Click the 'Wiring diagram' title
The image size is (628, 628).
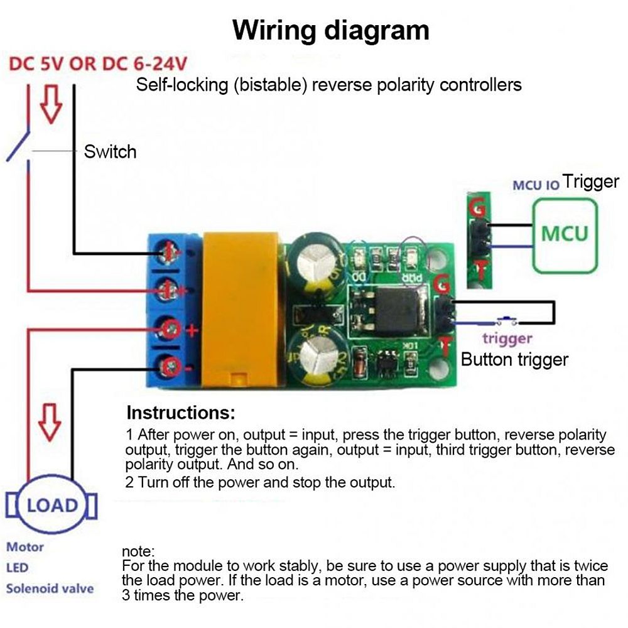[x=331, y=30]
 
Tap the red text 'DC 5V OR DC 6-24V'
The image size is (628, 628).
[x=98, y=65]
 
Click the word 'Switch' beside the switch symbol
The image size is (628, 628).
[x=110, y=151]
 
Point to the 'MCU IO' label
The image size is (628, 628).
[x=536, y=186]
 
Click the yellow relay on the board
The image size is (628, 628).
[x=242, y=308]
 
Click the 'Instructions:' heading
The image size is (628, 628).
[x=181, y=413]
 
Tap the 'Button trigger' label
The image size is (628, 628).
[x=514, y=359]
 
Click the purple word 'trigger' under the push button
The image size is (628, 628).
[x=507, y=339]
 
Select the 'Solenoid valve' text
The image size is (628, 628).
[x=50, y=588]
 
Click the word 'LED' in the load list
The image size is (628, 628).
[x=18, y=568]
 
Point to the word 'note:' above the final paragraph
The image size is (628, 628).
[x=138, y=551]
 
